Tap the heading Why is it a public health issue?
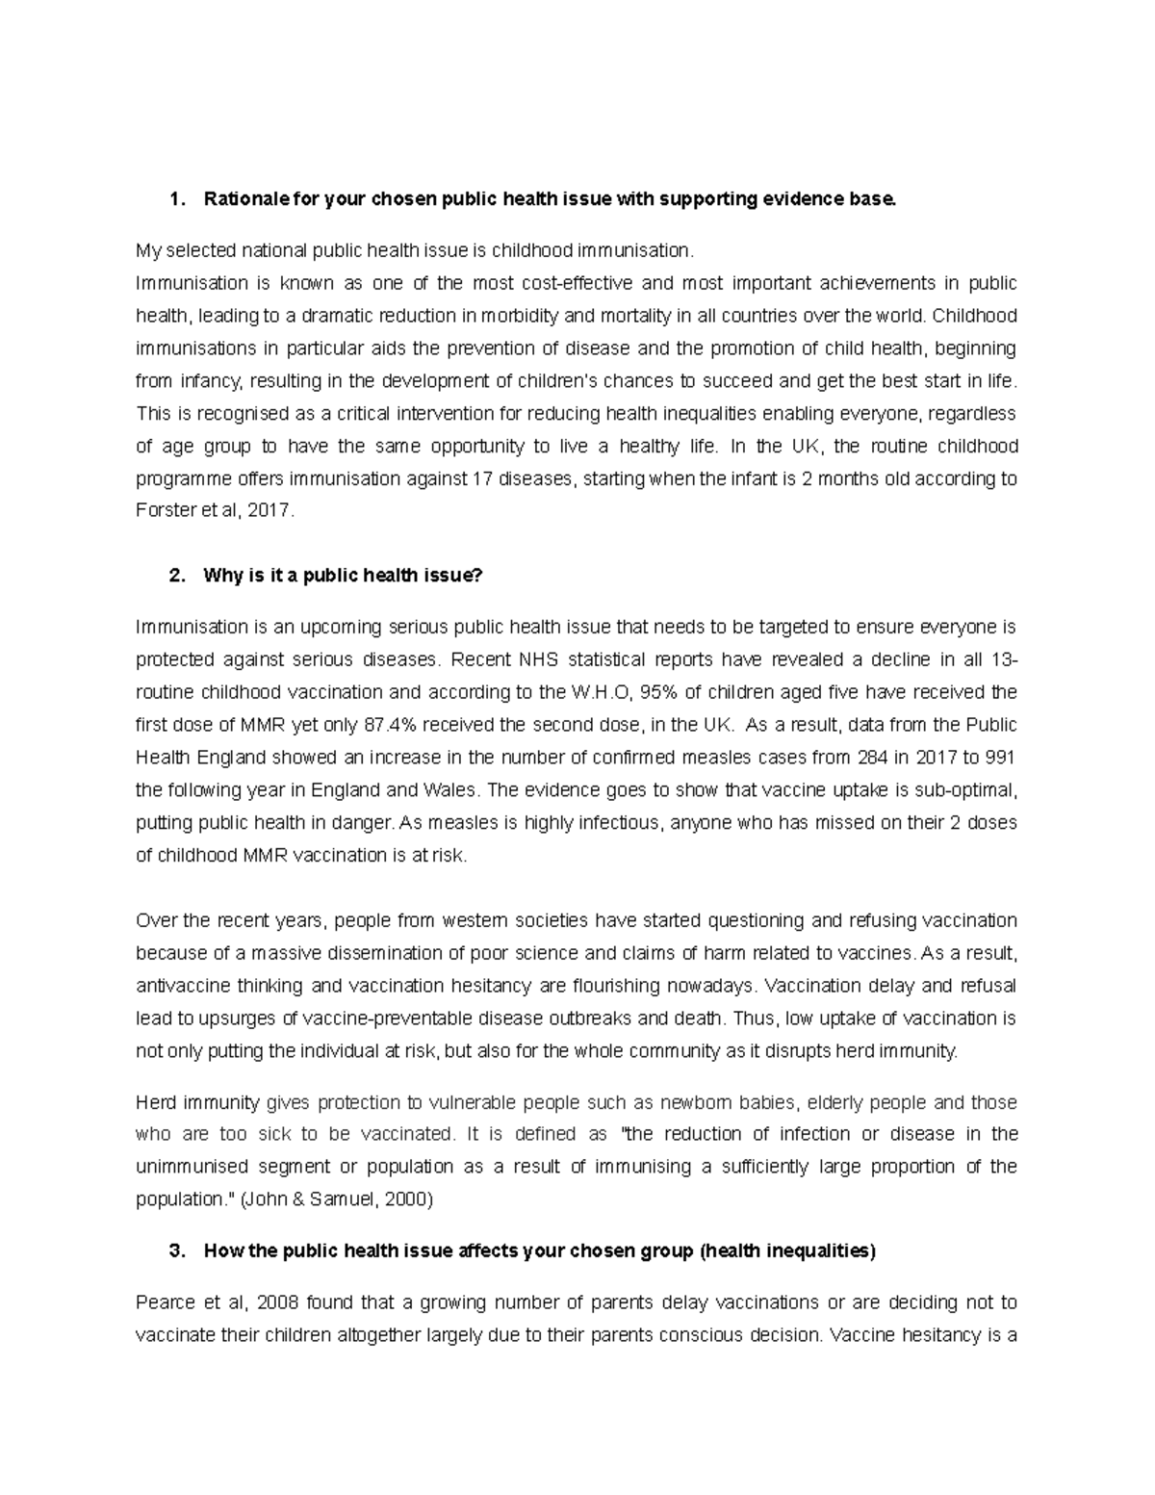point(342,576)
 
